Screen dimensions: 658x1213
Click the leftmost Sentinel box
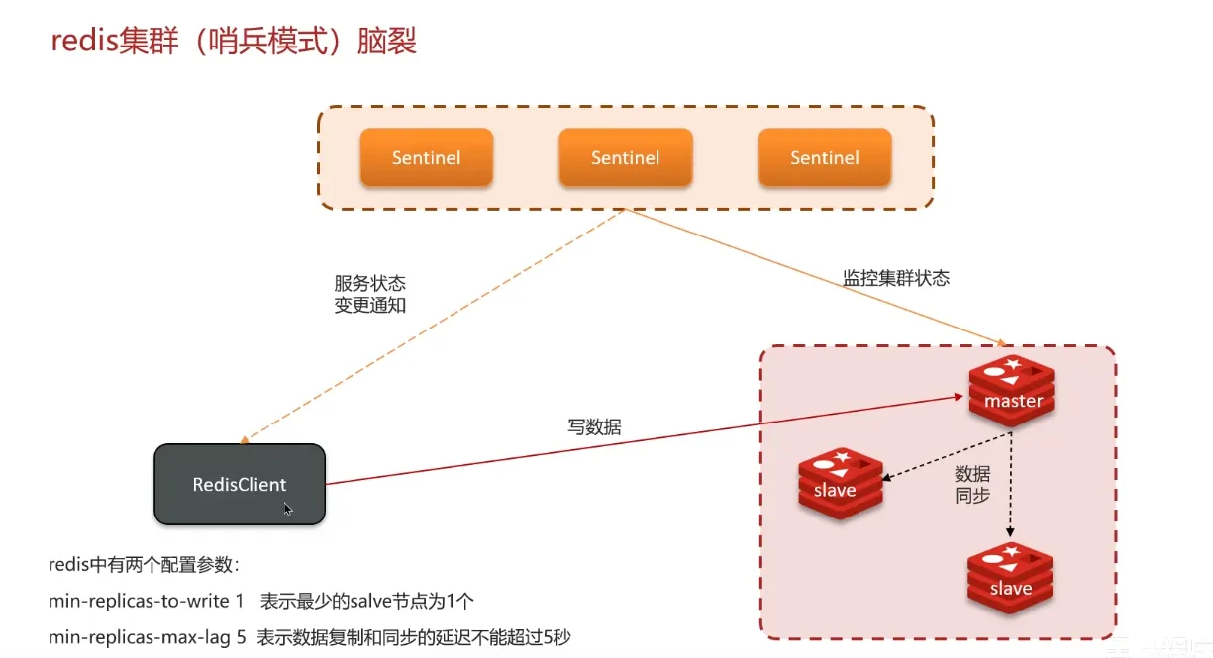426,157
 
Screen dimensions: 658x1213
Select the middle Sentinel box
625,157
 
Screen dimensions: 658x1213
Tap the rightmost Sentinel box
824,157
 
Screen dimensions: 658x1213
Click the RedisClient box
240,484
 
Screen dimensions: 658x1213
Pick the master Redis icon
1012,389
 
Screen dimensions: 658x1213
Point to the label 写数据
594,427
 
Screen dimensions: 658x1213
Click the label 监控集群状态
895,278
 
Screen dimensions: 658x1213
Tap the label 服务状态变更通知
370,294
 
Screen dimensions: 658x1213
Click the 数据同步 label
972,485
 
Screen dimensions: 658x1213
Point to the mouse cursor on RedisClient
287,509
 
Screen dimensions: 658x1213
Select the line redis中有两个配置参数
145,565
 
